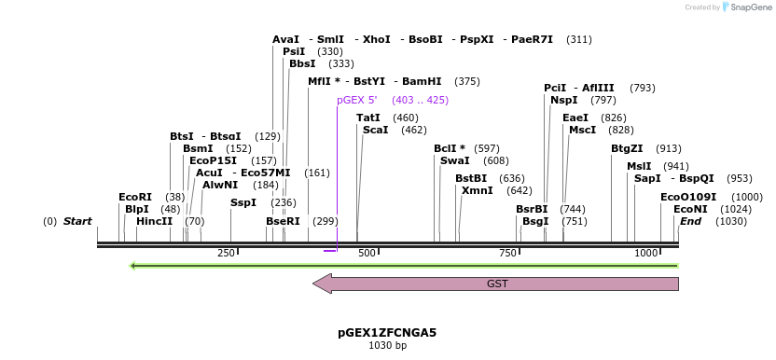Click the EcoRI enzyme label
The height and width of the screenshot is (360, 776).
coord(135,197)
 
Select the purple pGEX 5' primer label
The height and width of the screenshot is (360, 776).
coord(357,100)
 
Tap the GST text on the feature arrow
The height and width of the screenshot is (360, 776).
coord(497,284)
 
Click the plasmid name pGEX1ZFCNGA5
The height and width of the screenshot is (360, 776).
coord(387,332)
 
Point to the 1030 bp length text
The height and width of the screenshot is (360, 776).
coord(387,346)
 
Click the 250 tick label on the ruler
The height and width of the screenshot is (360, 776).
coord(226,254)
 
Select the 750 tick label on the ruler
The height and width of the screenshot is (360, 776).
coord(508,254)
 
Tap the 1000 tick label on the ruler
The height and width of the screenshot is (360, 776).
coord(645,254)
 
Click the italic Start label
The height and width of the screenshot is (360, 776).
coord(77,221)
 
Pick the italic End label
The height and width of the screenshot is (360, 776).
coord(690,221)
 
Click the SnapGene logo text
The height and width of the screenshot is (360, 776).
coord(749,7)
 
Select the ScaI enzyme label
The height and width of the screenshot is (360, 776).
coord(375,130)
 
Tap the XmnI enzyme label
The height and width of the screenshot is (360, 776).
coord(477,190)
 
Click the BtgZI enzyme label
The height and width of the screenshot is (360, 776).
coord(627,148)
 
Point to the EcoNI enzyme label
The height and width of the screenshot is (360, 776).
coord(690,209)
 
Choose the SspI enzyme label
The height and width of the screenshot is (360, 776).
coord(243,202)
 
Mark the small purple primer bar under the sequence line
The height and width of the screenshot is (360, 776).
coord(329,250)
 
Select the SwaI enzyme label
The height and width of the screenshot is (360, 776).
coord(454,160)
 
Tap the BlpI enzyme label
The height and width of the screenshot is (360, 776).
coord(137,209)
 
